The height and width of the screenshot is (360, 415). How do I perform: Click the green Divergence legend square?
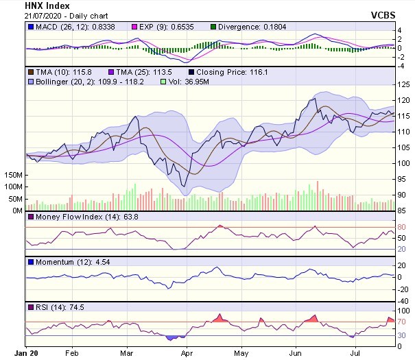[213, 27]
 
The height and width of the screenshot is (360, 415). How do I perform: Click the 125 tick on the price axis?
[403, 84]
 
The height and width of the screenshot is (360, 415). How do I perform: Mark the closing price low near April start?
[185, 186]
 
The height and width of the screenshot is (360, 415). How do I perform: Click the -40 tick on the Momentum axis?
[404, 300]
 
